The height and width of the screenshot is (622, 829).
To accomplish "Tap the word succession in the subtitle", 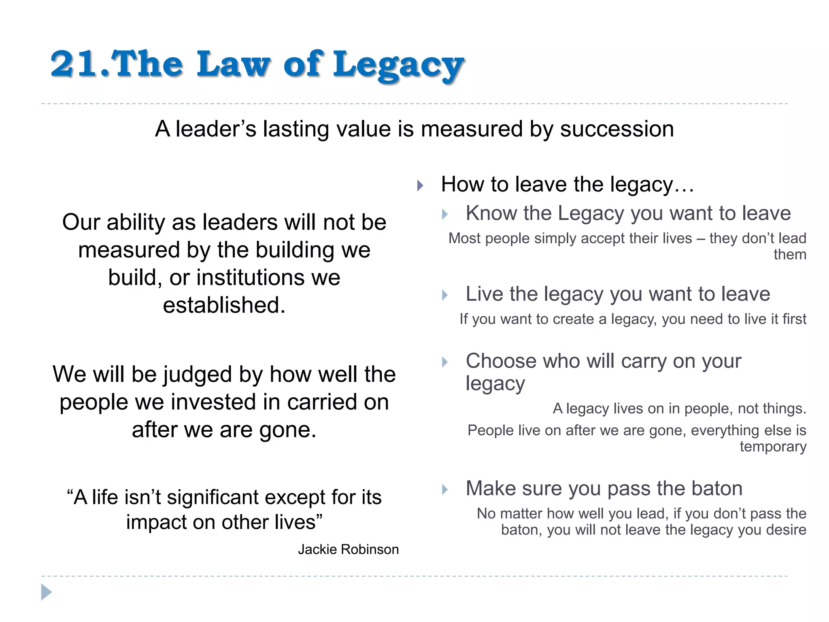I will pos(617,129).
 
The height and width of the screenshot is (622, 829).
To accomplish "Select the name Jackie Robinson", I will pos(348,549).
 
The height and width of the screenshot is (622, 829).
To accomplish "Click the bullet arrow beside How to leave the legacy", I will pos(420,186).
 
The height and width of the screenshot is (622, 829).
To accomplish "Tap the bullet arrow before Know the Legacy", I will pos(445,214).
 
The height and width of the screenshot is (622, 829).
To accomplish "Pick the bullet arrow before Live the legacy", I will pos(445,295).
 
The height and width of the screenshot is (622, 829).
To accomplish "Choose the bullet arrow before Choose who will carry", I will pos(445,362).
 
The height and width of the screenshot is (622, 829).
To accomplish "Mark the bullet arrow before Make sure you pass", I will pos(445,489).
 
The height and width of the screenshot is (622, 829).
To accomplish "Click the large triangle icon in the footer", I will pos(46,592).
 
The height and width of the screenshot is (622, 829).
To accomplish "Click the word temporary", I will pos(773,447).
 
